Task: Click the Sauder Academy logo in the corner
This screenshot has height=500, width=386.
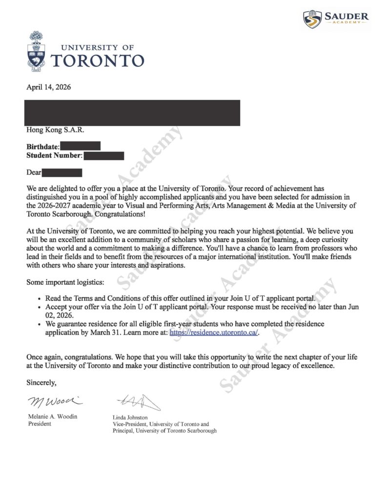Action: pyautogui.click(x=336, y=19)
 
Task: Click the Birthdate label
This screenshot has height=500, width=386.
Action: pyautogui.click(x=42, y=146)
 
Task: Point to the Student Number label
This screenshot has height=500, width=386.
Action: pyautogui.click(x=54, y=156)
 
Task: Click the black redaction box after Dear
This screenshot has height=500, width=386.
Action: pyautogui.click(x=61, y=172)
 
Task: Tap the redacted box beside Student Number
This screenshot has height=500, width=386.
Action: pyautogui.click(x=103, y=156)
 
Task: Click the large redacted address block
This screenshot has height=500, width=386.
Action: pyautogui.click(x=133, y=112)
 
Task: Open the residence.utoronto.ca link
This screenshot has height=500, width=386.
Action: pyautogui.click(x=214, y=333)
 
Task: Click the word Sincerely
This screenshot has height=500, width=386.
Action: pyautogui.click(x=42, y=382)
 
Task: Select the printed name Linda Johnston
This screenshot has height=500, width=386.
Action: pyautogui.click(x=130, y=417)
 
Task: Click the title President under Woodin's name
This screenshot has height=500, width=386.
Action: pyautogui.click(x=39, y=423)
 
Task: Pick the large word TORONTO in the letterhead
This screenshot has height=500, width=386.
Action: pyautogui.click(x=98, y=61)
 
